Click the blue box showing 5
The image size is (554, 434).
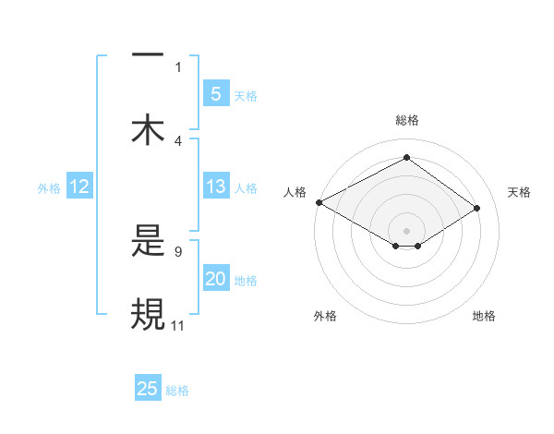(215, 94)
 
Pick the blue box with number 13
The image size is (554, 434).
(215, 187)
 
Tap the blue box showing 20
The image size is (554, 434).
(215, 280)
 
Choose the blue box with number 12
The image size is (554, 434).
(78, 187)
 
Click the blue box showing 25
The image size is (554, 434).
(148, 389)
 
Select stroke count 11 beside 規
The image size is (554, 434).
(178, 324)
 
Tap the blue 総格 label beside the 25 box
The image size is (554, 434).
(177, 390)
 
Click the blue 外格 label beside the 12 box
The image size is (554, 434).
(49, 188)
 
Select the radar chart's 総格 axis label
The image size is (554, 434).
(407, 120)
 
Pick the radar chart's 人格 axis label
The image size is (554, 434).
(295, 192)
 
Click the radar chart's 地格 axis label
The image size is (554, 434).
(484, 316)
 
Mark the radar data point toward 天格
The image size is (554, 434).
(477, 208)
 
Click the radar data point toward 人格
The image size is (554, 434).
(319, 201)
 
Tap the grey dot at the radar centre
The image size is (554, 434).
(407, 230)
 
